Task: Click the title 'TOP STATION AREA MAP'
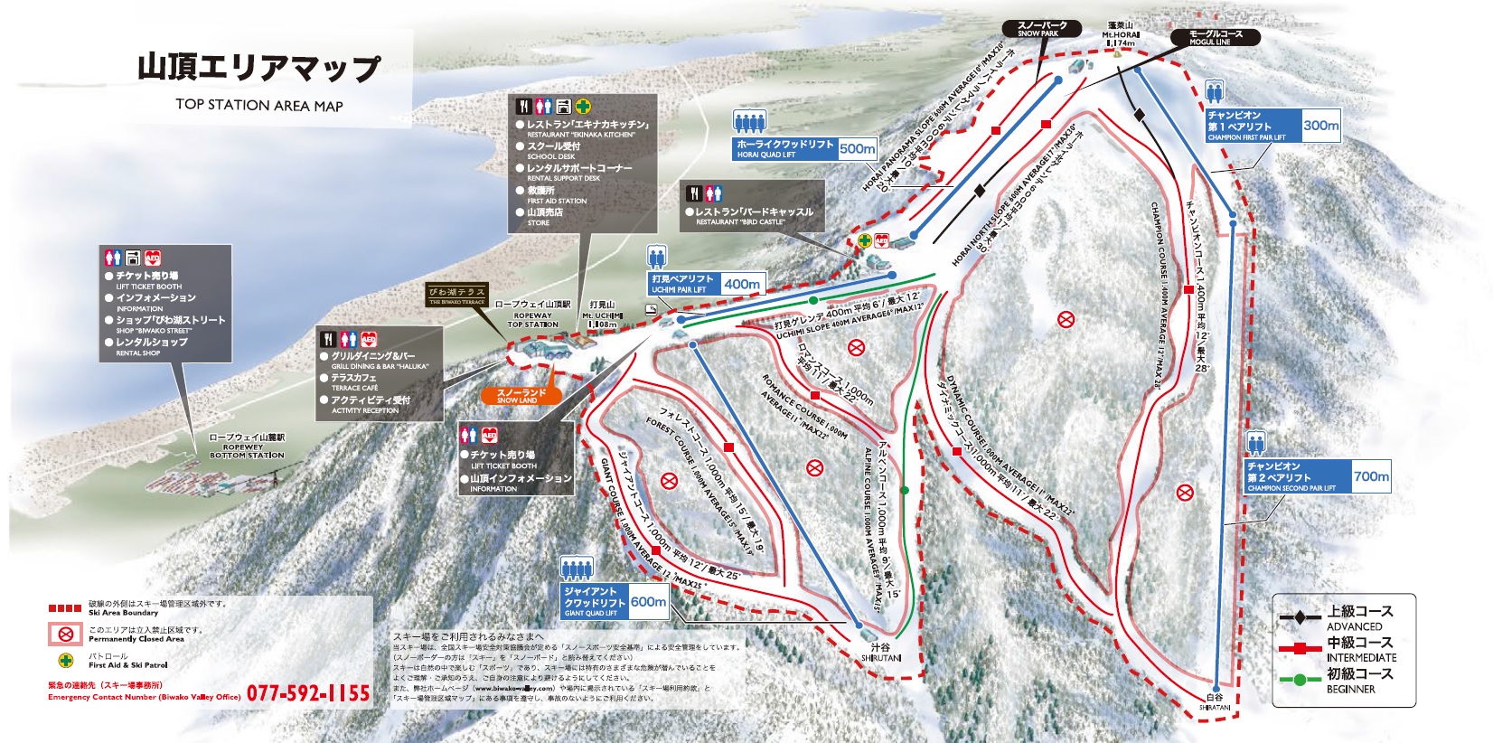(x=259, y=105)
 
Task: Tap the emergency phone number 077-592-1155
(x=308, y=693)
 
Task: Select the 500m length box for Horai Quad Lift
(x=857, y=148)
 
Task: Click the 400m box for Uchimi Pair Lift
(x=741, y=284)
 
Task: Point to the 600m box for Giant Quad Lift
(x=647, y=602)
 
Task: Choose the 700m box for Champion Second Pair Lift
(x=1371, y=476)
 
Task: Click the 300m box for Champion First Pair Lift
(x=1320, y=126)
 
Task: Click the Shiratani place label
(x=1214, y=701)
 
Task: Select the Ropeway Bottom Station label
(x=247, y=446)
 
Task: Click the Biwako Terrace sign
(x=456, y=295)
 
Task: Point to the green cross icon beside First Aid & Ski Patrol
(x=65, y=661)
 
